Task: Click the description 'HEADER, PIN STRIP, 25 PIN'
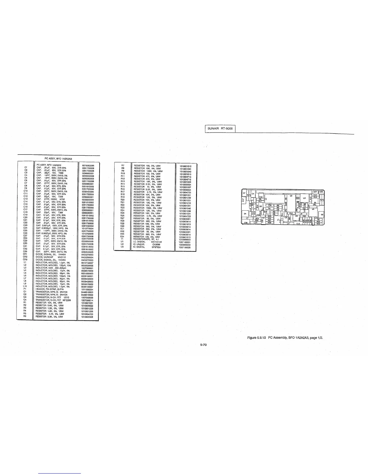(50, 289)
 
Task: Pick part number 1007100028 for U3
(185, 247)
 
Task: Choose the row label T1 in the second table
(122, 239)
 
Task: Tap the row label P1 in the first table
(26, 289)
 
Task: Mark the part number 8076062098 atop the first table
(88, 165)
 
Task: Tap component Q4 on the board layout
(245, 214)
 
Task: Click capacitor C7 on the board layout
(244, 193)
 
